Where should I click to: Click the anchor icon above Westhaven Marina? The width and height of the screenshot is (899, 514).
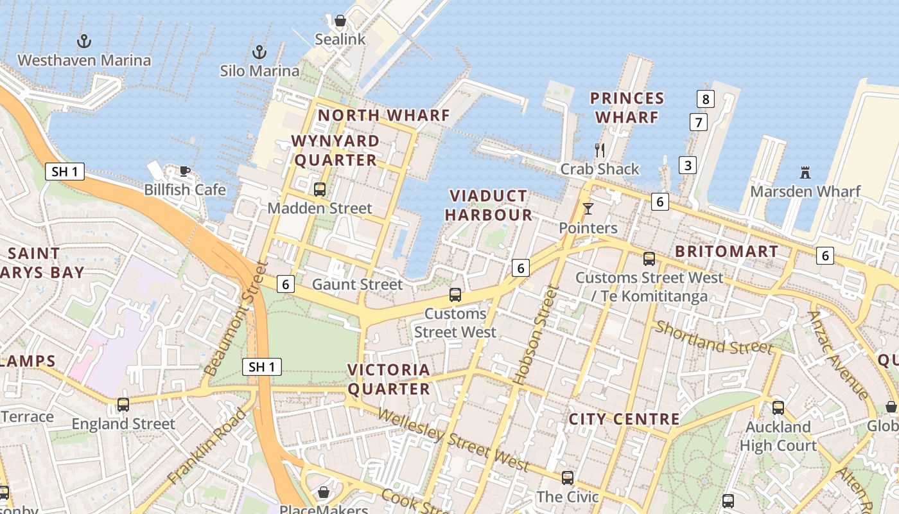click(x=83, y=41)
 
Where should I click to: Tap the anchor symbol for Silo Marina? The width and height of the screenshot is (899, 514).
click(x=259, y=51)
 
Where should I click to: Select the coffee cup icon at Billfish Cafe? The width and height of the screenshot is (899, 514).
click(x=185, y=171)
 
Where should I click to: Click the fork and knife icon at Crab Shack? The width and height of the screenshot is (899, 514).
click(x=600, y=150)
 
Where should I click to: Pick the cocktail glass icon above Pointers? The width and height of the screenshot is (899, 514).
click(x=588, y=209)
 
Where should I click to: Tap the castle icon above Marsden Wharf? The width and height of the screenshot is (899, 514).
click(x=805, y=172)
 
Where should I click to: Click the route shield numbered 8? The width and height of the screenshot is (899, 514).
click(x=706, y=99)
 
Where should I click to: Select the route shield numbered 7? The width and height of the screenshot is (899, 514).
click(x=698, y=121)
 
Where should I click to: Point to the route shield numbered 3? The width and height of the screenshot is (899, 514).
click(x=688, y=165)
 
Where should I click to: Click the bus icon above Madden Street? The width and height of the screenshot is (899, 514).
click(x=320, y=190)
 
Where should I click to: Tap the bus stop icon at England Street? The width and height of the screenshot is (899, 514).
click(x=123, y=405)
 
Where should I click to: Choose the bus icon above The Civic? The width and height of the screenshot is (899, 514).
click(x=567, y=477)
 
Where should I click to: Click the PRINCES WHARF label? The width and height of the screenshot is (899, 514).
click(x=627, y=107)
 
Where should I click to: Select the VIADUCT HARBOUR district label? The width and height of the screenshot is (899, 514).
click(x=489, y=205)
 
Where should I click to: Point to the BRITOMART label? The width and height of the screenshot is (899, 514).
click(x=726, y=251)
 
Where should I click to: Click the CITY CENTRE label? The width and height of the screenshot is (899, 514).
click(x=624, y=419)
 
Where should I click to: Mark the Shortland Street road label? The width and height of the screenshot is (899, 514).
click(x=713, y=338)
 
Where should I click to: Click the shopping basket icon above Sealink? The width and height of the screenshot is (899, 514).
click(x=340, y=21)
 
